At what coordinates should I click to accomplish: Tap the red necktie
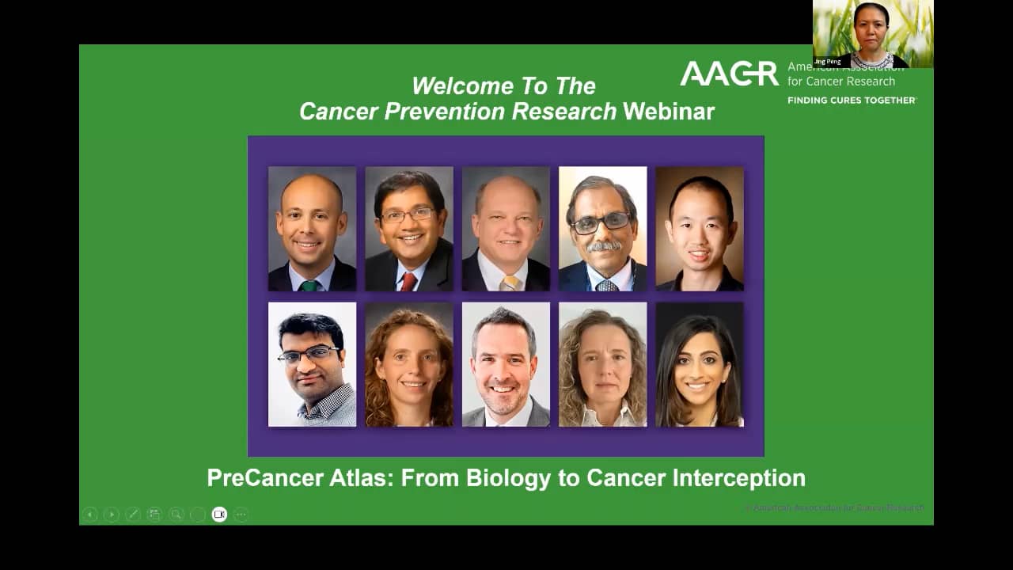pos(408,281)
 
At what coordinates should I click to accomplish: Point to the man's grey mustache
pos(602,247)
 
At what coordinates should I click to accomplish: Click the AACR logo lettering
pos(729,74)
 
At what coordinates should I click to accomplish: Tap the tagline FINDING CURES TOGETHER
pos(852,101)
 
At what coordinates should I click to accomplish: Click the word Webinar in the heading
pos(668,112)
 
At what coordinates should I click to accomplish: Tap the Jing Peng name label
pos(828,62)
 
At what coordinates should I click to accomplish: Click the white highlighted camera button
pos(219,515)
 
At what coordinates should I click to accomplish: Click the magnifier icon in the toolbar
pos(176,515)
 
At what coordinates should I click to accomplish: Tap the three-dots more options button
pos(241,515)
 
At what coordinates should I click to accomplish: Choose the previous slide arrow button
pos(90,515)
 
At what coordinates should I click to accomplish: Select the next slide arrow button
pos(112,515)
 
